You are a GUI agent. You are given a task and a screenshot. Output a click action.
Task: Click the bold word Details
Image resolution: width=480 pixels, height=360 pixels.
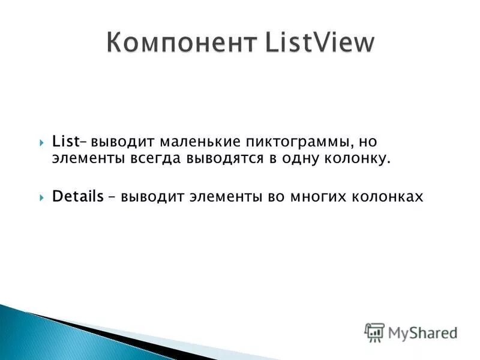pos(77,196)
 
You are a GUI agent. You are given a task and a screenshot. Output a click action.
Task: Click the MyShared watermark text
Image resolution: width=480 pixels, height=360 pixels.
pos(422,332)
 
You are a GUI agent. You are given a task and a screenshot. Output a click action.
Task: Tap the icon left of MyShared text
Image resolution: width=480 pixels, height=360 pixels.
pos(374,332)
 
